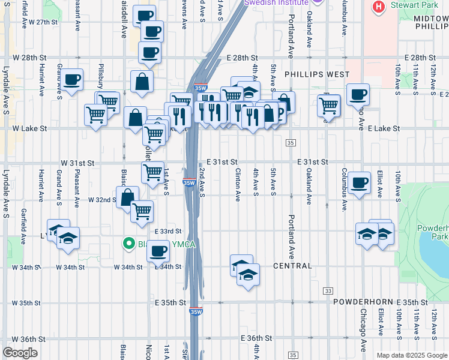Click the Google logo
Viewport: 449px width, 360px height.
point(20,353)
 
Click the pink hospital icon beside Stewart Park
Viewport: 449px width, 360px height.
point(379,7)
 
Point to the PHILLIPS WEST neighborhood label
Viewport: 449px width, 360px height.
point(317,74)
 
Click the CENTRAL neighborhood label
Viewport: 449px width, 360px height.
point(292,266)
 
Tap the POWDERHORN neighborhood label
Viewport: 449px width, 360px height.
point(363,302)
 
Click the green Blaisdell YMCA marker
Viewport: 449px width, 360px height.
point(128,244)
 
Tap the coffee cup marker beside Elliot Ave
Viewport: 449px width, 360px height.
point(360,182)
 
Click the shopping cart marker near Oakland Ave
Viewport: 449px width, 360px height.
point(328,105)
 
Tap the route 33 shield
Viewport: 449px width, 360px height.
point(328,290)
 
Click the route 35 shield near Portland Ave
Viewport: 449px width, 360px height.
point(291,142)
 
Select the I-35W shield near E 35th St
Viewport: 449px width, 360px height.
point(196,311)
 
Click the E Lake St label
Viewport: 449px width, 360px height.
point(384,128)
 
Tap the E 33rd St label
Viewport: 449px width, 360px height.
point(167,231)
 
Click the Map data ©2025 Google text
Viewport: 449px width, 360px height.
point(412,355)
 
